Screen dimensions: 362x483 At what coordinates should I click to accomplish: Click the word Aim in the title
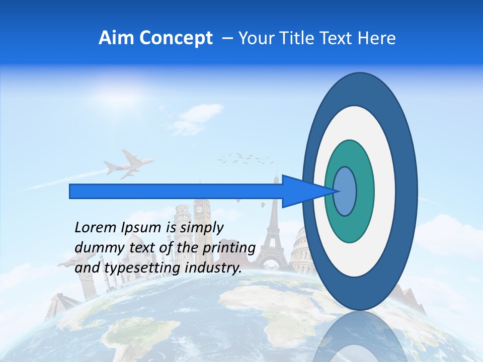point(117,38)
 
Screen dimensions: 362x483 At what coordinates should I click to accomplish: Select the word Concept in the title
point(176,39)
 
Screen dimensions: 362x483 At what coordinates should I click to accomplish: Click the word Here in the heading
point(377,38)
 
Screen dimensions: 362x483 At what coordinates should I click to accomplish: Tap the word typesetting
point(143,268)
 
